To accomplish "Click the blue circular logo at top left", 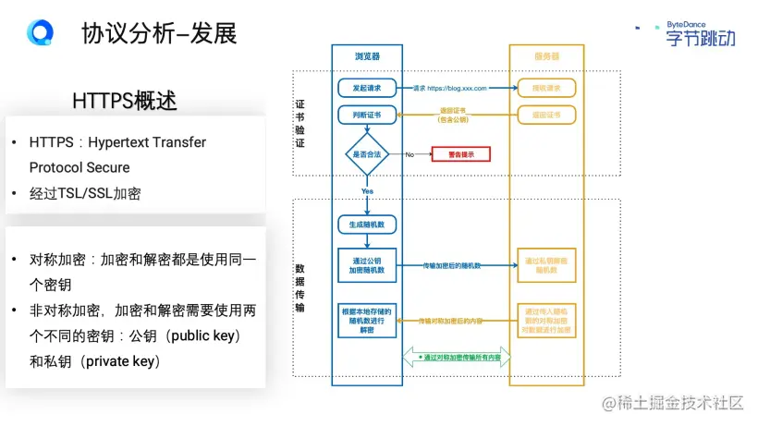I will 40,33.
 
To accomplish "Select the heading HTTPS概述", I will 124,101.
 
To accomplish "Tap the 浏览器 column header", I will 367,56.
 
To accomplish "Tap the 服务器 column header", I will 546,56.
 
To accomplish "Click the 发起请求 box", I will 367,88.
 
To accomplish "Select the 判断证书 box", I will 367,115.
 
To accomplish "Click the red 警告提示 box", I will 460,154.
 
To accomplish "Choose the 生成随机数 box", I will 367,224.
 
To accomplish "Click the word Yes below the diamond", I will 367,191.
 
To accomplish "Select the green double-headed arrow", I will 457,357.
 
